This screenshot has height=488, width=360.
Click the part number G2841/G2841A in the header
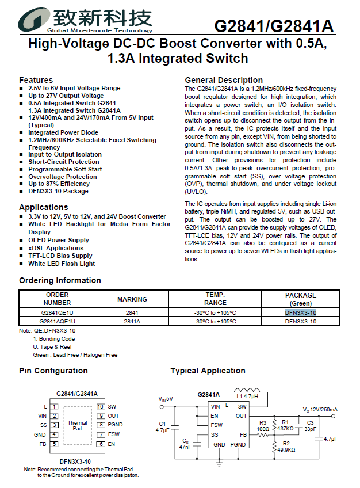tap(274, 26)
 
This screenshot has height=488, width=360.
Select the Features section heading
tap(36, 80)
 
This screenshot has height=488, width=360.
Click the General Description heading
tap(224, 80)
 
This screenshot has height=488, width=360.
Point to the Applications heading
tap(43, 207)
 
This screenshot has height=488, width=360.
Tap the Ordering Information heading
tap(60, 280)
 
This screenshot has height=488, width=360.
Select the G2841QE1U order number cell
tap(57, 312)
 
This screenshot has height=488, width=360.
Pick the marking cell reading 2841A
tap(132, 322)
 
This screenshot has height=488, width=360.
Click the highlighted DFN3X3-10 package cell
tap(300, 312)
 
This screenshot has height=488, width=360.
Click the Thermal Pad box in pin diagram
tap(78, 425)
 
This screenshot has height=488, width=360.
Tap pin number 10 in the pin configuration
tap(99, 406)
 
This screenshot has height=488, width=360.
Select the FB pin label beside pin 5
tap(43, 444)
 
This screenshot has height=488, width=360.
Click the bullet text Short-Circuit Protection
tap(64, 162)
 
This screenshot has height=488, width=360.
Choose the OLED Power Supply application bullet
tap(59, 240)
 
